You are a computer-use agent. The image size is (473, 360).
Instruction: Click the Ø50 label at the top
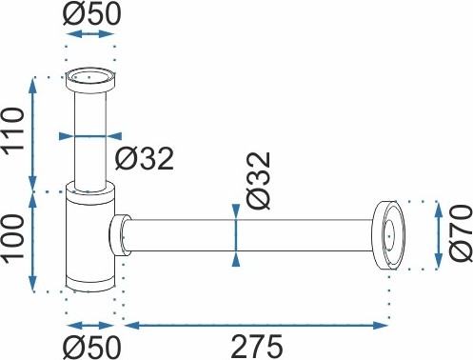(91, 13)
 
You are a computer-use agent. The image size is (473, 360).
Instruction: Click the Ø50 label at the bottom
(91, 347)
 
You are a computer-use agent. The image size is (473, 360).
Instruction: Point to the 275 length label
(257, 346)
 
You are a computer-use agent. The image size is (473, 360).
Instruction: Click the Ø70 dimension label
(461, 233)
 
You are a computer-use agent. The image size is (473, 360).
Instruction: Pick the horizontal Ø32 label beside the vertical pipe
(145, 158)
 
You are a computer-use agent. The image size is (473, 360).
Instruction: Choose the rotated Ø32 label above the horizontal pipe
(259, 180)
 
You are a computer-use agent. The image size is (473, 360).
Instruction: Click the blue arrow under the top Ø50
(90, 34)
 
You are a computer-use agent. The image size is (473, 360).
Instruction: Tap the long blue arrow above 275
(256, 325)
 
